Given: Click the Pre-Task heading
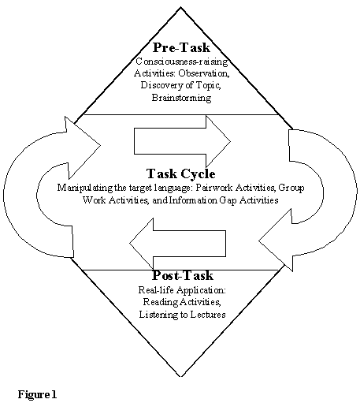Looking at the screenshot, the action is (181, 48).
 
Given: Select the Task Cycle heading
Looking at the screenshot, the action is (181, 173).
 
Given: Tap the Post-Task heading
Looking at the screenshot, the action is (183, 275).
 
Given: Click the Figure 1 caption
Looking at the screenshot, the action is (37, 394).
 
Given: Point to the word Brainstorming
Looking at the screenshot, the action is (181, 98).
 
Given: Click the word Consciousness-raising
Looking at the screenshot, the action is (182, 62).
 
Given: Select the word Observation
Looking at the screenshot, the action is (204, 73).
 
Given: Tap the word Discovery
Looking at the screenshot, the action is (159, 85).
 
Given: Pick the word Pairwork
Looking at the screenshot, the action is (214, 188).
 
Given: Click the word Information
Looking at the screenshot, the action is (193, 200).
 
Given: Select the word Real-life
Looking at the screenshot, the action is (157, 290).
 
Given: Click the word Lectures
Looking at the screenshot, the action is (208, 315).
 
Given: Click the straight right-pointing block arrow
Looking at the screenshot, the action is (182, 141).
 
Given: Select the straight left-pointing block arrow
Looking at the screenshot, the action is (177, 244).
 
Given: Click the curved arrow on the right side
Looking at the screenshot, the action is (340, 190).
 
